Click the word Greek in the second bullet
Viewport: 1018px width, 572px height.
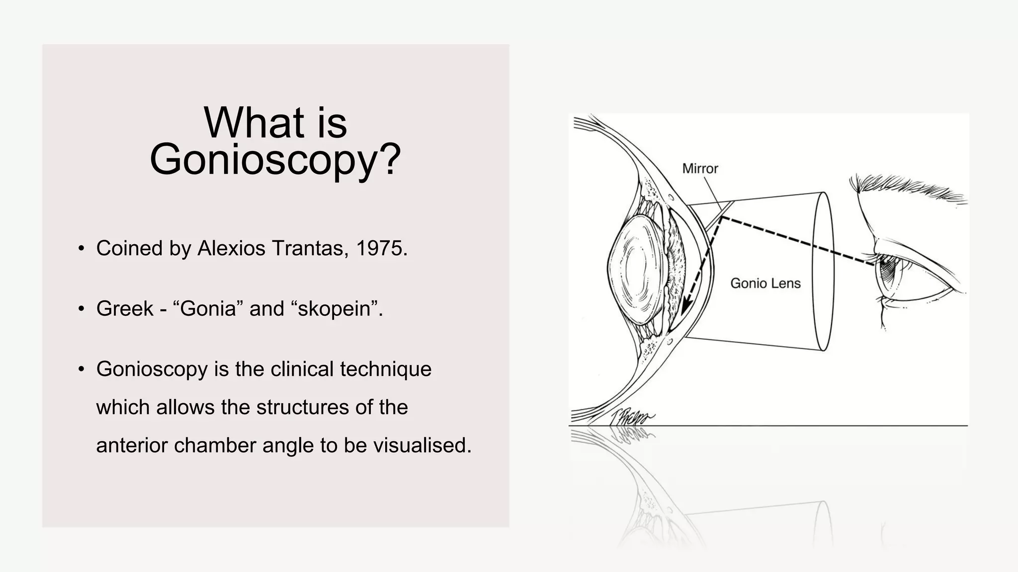point(125,309)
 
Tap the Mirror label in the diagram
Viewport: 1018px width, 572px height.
point(700,169)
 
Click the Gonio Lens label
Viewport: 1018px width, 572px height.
point(765,284)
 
